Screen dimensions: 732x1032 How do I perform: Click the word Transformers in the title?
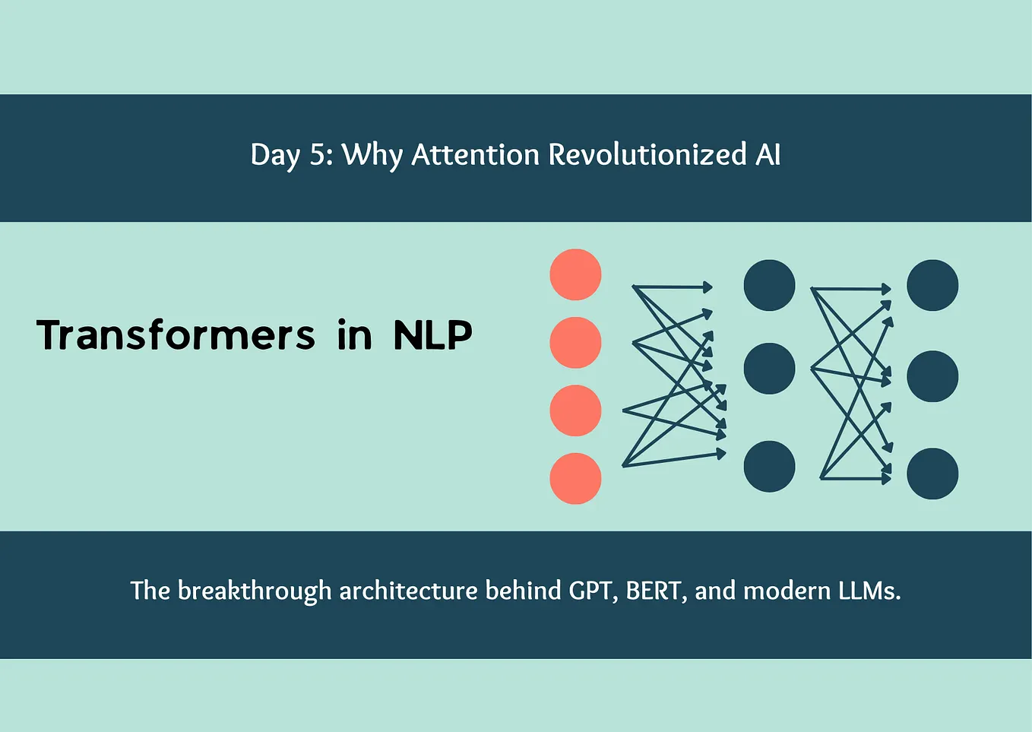(176, 335)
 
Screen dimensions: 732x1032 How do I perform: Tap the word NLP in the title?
(432, 335)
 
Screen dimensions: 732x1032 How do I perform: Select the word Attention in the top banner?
(476, 155)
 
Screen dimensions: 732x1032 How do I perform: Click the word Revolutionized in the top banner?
(647, 155)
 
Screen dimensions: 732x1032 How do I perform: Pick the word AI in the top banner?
(768, 155)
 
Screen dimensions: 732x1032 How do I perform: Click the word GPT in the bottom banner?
(591, 591)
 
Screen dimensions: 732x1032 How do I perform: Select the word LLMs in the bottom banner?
(869, 591)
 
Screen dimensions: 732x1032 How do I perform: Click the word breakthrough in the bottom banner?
(255, 591)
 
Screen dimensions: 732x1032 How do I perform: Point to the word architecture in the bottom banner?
(408, 591)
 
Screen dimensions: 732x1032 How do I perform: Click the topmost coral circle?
(575, 274)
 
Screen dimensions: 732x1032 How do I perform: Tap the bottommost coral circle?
(575, 478)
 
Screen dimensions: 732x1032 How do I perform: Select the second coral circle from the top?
(575, 343)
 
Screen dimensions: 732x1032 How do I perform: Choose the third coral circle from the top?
(575, 410)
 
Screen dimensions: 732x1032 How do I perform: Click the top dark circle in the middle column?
(769, 285)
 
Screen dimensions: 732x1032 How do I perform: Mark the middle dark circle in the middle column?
(769, 369)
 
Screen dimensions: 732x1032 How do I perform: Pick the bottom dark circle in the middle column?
(769, 466)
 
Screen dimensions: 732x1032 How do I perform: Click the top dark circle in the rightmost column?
(932, 285)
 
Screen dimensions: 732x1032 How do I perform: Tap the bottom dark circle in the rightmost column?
(932, 474)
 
